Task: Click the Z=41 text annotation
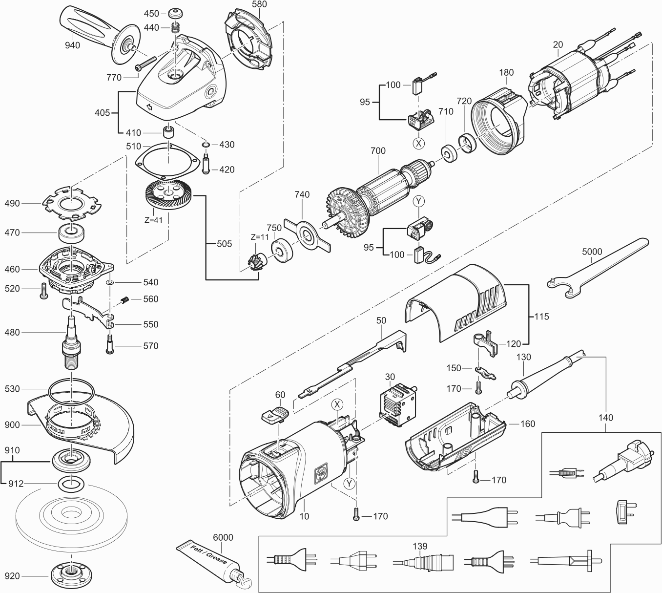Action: click(153, 220)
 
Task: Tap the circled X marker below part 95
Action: click(418, 143)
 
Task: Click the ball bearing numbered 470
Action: click(72, 233)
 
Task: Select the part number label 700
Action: click(378, 151)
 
